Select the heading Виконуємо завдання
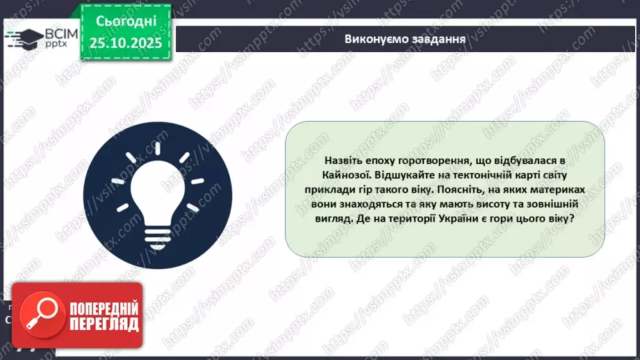point(404,38)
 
